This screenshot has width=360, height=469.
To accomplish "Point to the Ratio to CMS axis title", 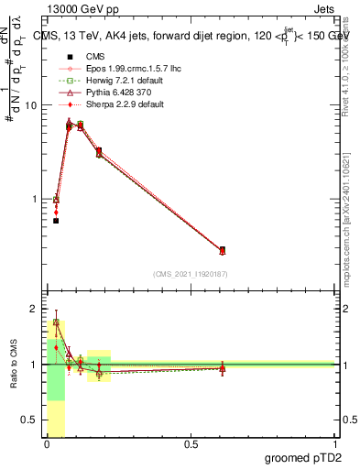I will (13, 366).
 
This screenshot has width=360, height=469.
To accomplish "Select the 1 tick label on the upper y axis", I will (34, 199).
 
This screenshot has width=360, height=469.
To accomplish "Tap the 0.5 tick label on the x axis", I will (191, 445).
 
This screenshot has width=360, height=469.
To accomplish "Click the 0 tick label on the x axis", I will (47, 445).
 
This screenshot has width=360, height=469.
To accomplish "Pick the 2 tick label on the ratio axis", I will (34, 309).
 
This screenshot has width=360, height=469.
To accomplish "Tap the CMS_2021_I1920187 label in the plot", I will (191, 274).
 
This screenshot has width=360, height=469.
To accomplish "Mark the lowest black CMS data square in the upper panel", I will (56, 221).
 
